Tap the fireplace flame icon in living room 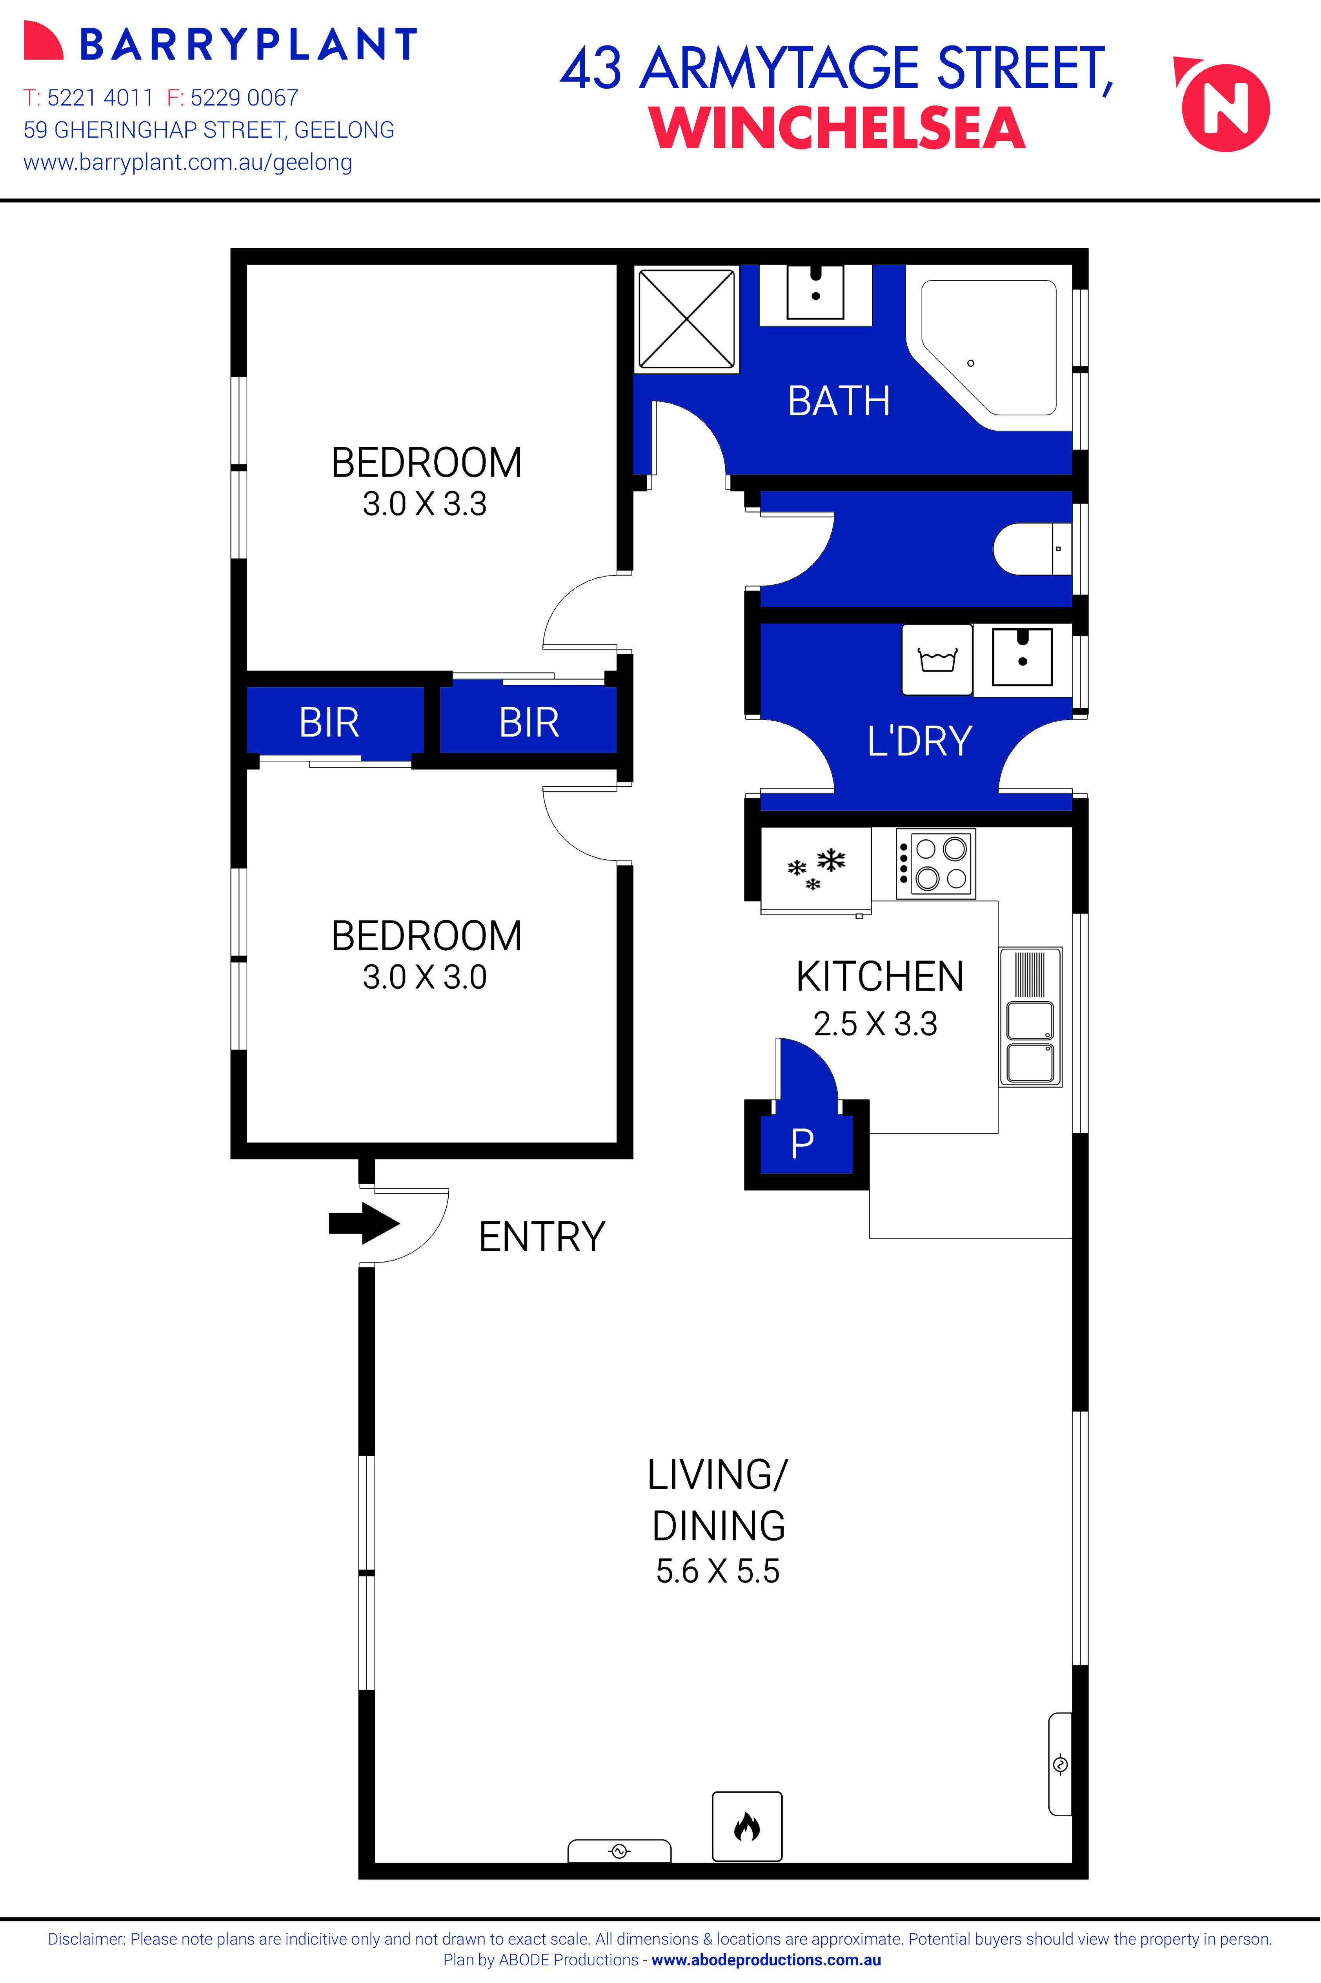[x=746, y=1827]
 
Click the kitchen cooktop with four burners [x=935, y=864]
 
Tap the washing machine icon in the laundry [x=937, y=660]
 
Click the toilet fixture [x=1032, y=549]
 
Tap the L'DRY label [x=920, y=741]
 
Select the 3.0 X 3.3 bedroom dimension [x=425, y=504]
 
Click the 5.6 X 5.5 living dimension [x=718, y=1571]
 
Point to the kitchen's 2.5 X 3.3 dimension [x=875, y=1024]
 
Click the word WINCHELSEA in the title [x=837, y=128]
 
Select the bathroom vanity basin [x=815, y=291]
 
